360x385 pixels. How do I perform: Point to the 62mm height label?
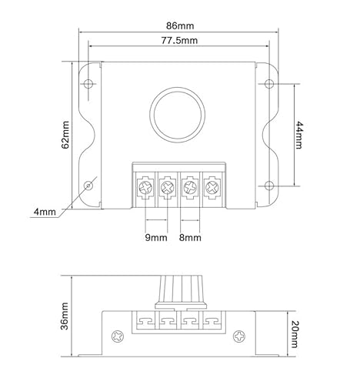(x=65, y=136)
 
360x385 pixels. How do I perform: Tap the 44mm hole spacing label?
(x=300, y=136)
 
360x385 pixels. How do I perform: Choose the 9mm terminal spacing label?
(x=155, y=238)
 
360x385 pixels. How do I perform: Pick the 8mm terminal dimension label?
(x=190, y=238)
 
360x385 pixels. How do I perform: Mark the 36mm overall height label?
(x=65, y=316)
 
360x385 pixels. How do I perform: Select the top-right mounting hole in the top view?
(x=268, y=83)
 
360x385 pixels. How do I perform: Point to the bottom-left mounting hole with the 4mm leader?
(x=89, y=186)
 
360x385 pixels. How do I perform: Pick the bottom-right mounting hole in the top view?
(x=268, y=185)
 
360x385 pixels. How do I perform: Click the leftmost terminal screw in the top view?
(x=146, y=186)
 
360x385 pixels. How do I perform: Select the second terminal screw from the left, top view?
(x=168, y=186)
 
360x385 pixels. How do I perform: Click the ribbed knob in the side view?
(x=178, y=292)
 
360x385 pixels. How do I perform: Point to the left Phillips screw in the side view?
(x=118, y=337)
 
